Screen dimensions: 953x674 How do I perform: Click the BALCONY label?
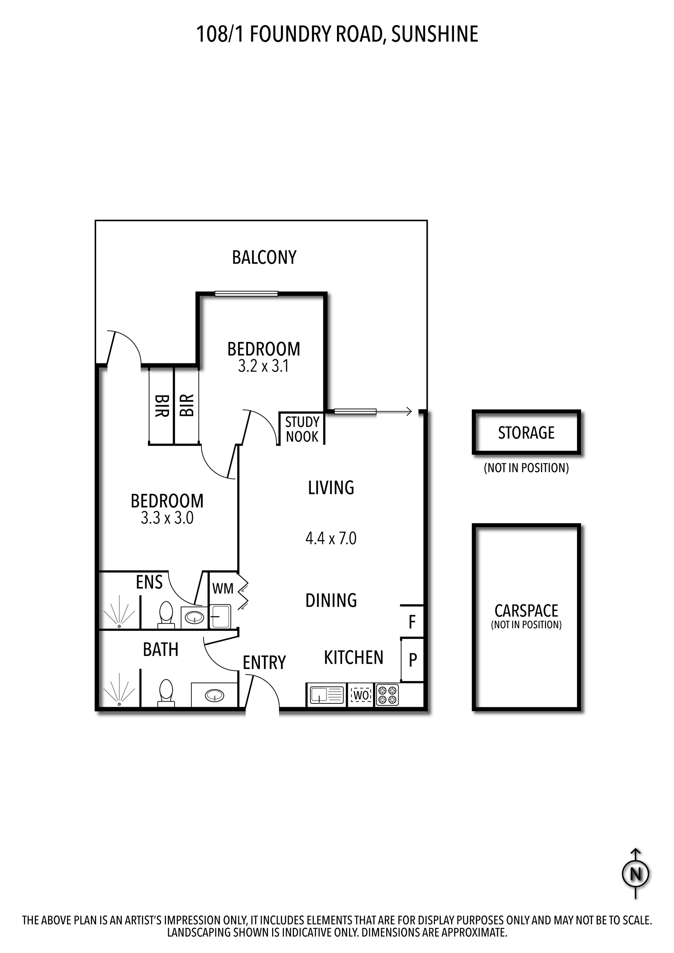264,257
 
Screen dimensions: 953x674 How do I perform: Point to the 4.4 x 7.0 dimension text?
331,539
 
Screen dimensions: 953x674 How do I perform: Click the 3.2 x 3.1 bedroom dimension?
263,366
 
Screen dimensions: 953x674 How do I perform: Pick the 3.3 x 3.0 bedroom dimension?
167,518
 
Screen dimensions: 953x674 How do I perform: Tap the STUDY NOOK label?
302,429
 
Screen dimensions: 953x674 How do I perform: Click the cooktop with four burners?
387,695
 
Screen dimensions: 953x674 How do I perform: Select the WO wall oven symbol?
360,695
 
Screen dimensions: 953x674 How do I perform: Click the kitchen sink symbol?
326,695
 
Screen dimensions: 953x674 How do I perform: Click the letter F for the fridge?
412,622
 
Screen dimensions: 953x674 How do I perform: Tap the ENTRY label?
264,663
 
